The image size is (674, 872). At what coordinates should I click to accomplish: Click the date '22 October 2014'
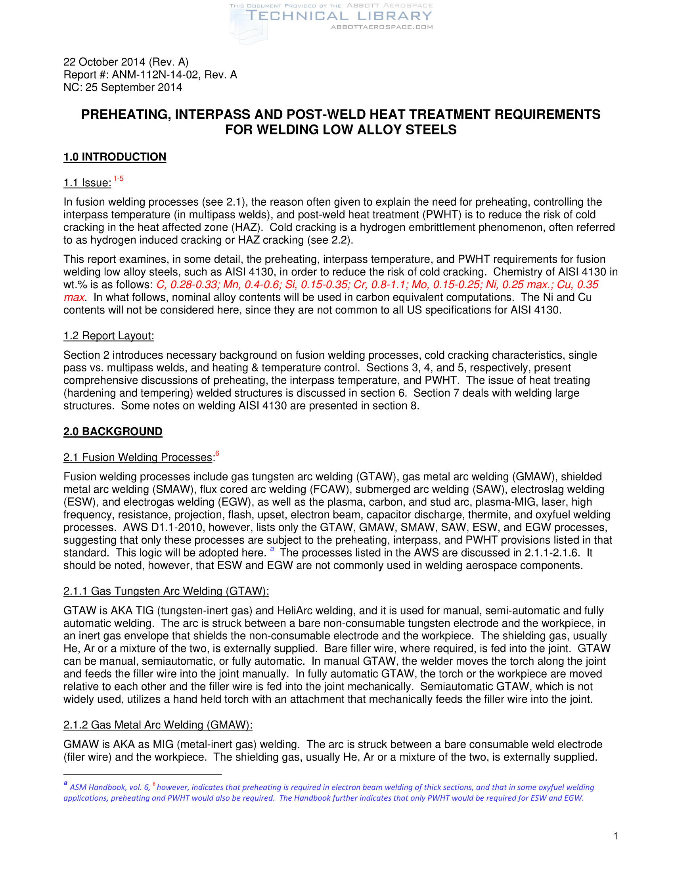click(x=104, y=62)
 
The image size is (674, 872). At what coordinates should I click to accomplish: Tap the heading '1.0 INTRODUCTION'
click(x=115, y=157)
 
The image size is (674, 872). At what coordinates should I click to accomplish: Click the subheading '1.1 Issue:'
click(x=87, y=183)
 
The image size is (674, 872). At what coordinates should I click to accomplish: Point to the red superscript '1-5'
click(x=118, y=178)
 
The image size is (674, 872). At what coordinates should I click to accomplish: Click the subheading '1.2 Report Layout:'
click(x=109, y=336)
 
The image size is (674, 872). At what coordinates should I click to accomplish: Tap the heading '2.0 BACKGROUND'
click(x=113, y=432)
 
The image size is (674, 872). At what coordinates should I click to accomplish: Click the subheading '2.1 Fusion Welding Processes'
click(x=137, y=457)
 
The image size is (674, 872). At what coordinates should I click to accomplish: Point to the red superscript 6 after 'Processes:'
click(x=217, y=453)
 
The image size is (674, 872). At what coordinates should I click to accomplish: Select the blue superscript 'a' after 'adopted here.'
click(x=272, y=549)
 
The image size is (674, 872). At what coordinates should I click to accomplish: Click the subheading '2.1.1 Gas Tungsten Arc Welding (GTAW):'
click(x=166, y=591)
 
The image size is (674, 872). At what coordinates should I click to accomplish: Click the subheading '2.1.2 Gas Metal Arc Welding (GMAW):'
click(x=158, y=725)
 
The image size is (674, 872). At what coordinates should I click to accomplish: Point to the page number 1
click(x=616, y=836)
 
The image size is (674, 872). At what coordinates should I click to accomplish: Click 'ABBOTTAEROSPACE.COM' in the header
click(x=382, y=27)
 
